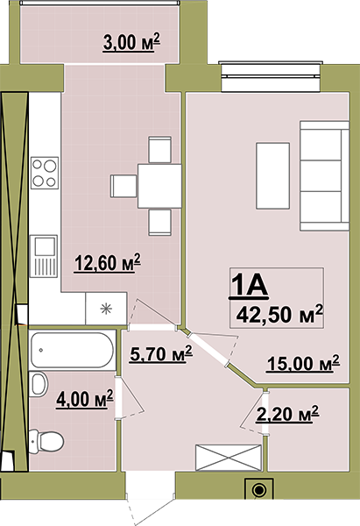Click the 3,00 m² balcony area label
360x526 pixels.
pyautogui.click(x=131, y=42)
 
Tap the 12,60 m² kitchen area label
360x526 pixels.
pyautogui.click(x=107, y=263)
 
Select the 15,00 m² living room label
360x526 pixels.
pyautogui.click(x=303, y=363)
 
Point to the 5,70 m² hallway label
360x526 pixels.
pyautogui.click(x=161, y=353)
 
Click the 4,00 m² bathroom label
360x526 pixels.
pyautogui.click(x=85, y=399)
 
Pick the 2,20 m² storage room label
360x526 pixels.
pyautogui.click(x=287, y=414)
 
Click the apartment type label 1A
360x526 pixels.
pyautogui.click(x=249, y=286)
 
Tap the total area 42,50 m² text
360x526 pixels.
pyautogui.click(x=279, y=315)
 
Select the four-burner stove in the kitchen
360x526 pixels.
pyautogui.click(x=45, y=173)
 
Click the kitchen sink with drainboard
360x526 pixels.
pyautogui.click(x=44, y=256)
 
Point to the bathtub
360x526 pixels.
pyautogui.click(x=72, y=350)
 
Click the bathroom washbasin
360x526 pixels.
pyautogui.click(x=39, y=384)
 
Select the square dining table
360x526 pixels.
pyautogui.click(x=159, y=186)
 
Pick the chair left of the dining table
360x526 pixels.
pyautogui.click(x=124, y=186)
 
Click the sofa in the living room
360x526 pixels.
pyautogui.click(x=324, y=176)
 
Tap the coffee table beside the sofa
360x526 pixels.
pyautogui.click(x=273, y=176)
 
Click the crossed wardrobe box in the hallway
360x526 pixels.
pyautogui.click(x=229, y=458)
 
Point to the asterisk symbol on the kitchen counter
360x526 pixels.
pyautogui.click(x=106, y=309)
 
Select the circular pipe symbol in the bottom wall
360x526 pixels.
pyautogui.click(x=258, y=490)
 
